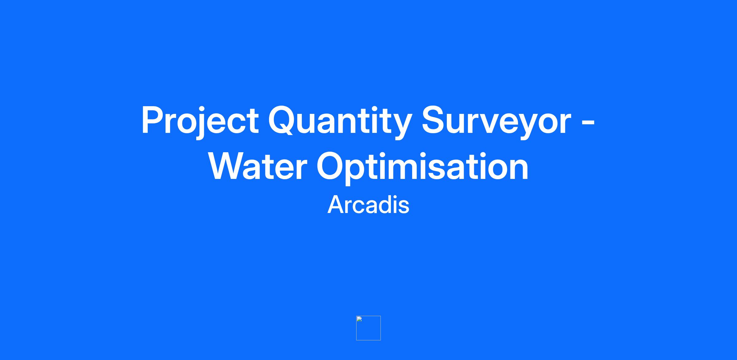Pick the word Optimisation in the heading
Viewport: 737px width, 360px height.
423,168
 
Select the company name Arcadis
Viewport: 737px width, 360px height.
368,205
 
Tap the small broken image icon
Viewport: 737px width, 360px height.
368,328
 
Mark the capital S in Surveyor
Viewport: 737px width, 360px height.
434,120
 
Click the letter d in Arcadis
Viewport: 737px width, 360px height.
385,204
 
